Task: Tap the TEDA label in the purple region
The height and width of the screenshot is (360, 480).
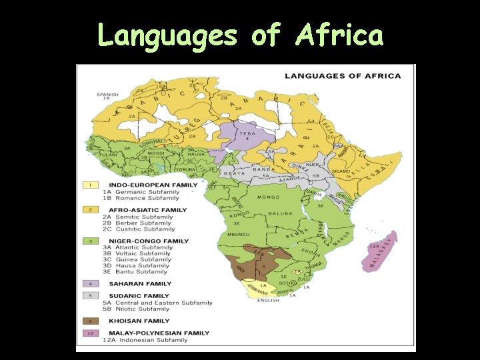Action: click(x=248, y=133)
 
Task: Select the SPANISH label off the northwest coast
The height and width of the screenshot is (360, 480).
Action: click(x=107, y=95)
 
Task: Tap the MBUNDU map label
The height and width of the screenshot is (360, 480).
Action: click(x=239, y=235)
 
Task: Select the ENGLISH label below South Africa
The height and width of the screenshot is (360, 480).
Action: click(x=269, y=300)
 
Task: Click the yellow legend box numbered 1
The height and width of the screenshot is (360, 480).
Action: click(x=90, y=185)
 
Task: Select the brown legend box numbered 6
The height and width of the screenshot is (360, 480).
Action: click(x=90, y=321)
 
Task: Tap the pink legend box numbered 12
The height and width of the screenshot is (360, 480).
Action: click(x=90, y=333)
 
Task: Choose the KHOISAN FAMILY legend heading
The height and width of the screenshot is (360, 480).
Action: click(x=139, y=321)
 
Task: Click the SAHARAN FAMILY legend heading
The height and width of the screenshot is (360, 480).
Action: click(x=140, y=283)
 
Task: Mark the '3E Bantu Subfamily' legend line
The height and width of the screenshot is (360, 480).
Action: click(x=135, y=271)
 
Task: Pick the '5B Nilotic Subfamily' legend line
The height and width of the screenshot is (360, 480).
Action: click(x=136, y=309)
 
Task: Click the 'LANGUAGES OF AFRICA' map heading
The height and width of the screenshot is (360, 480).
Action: click(x=343, y=76)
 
